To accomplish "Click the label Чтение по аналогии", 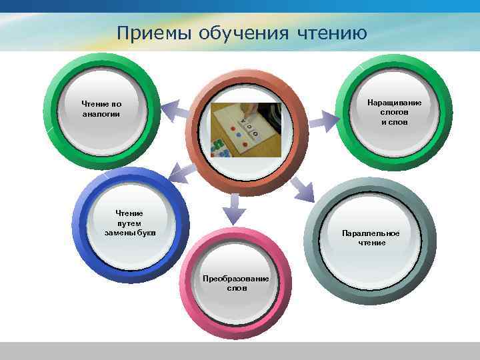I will point(101,109).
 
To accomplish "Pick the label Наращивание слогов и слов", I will point(394,112).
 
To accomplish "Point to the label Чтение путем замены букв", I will point(129,223).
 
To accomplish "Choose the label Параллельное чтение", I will point(371,238).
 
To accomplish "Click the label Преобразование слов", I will point(236,283).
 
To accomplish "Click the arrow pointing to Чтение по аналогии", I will point(174,109).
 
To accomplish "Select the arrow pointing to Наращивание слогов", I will point(324,121).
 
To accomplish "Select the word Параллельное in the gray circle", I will point(371,233).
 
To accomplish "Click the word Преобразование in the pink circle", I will point(236,278).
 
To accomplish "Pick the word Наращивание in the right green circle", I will point(394,103).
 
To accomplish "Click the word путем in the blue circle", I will point(129,223).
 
